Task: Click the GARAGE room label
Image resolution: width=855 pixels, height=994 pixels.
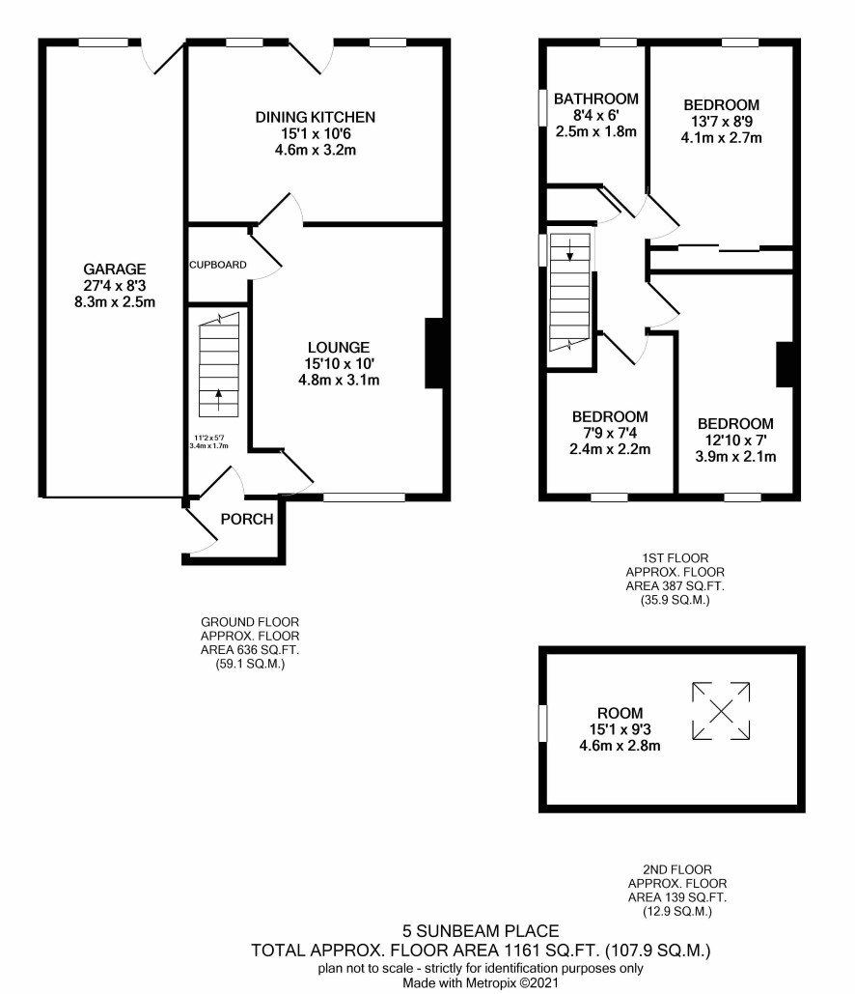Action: [x=115, y=269]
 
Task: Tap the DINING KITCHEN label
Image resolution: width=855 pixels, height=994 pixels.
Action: [x=316, y=117]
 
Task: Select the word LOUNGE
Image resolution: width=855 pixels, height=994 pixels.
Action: [x=339, y=348]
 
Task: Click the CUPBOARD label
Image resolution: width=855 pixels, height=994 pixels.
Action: [x=218, y=265]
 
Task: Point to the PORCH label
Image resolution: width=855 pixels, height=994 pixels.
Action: [x=247, y=519]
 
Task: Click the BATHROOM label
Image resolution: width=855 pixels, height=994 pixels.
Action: [x=596, y=99]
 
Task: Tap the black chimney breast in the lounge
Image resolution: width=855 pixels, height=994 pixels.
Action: [x=434, y=353]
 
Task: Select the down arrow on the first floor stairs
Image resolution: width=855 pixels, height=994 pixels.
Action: [x=570, y=250]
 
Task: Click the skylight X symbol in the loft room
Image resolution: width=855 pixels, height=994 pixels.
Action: [x=721, y=711]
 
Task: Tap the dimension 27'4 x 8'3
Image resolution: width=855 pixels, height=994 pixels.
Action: [x=115, y=286]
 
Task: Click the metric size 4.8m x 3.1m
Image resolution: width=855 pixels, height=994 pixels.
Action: [x=339, y=381]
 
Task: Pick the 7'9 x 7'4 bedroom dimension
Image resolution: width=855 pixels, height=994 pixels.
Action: [x=610, y=433]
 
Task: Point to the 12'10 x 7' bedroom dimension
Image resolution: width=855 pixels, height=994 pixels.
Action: [x=735, y=440]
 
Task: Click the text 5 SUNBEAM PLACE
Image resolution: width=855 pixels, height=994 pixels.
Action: [x=481, y=930]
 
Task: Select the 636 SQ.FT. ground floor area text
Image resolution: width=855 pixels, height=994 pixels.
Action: [x=250, y=650]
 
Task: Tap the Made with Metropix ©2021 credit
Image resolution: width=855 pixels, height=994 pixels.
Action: [x=481, y=983]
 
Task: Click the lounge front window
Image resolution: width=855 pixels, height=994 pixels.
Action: [x=364, y=497]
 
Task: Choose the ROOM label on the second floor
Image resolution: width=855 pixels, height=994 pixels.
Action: [x=621, y=713]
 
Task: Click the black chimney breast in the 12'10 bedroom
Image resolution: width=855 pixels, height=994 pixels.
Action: [x=785, y=364]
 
